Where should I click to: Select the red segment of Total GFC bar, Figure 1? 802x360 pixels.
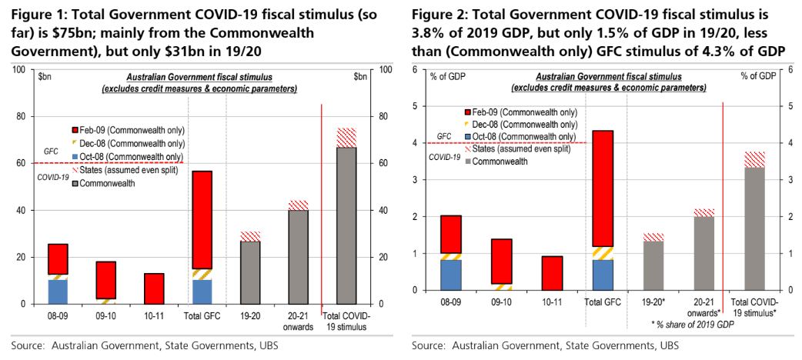202,219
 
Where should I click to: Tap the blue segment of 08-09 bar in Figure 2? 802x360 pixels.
451,275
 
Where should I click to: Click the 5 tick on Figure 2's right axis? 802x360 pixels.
790,106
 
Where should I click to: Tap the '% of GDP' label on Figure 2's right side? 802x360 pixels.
758,76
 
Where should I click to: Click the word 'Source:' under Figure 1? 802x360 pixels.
27,346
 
